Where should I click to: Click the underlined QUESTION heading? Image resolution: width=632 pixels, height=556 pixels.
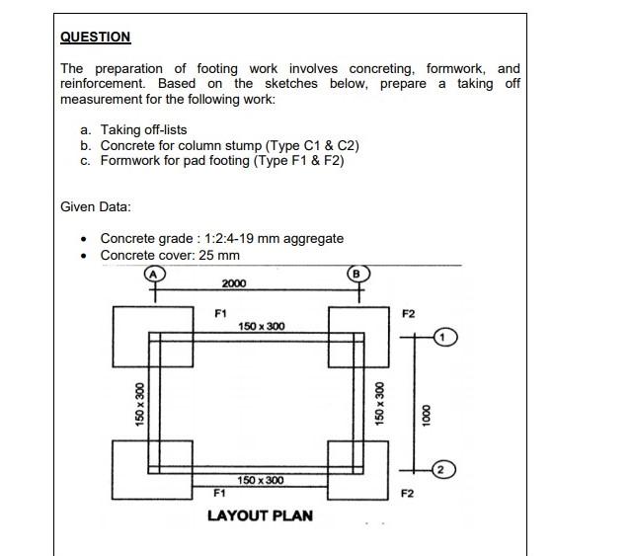coord(95,37)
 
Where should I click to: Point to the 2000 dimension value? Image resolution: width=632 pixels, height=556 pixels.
coord(234,284)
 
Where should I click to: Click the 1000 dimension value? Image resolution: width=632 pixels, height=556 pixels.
coord(427,412)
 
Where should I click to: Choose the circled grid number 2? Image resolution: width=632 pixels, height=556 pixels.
coord(445,469)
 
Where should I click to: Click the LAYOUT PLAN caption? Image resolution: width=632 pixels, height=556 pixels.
coord(260,516)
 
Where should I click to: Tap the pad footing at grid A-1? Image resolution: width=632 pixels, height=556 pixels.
coord(146,337)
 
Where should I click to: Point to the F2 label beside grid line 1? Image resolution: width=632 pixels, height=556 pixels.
coord(409,313)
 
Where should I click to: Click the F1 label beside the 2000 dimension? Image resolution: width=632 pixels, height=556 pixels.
coord(221,313)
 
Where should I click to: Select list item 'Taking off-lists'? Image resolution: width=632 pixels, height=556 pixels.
coord(143,129)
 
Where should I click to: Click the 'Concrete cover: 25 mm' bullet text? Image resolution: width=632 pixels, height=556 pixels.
coord(170,255)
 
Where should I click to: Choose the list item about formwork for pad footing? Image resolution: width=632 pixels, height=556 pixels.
coord(222,161)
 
